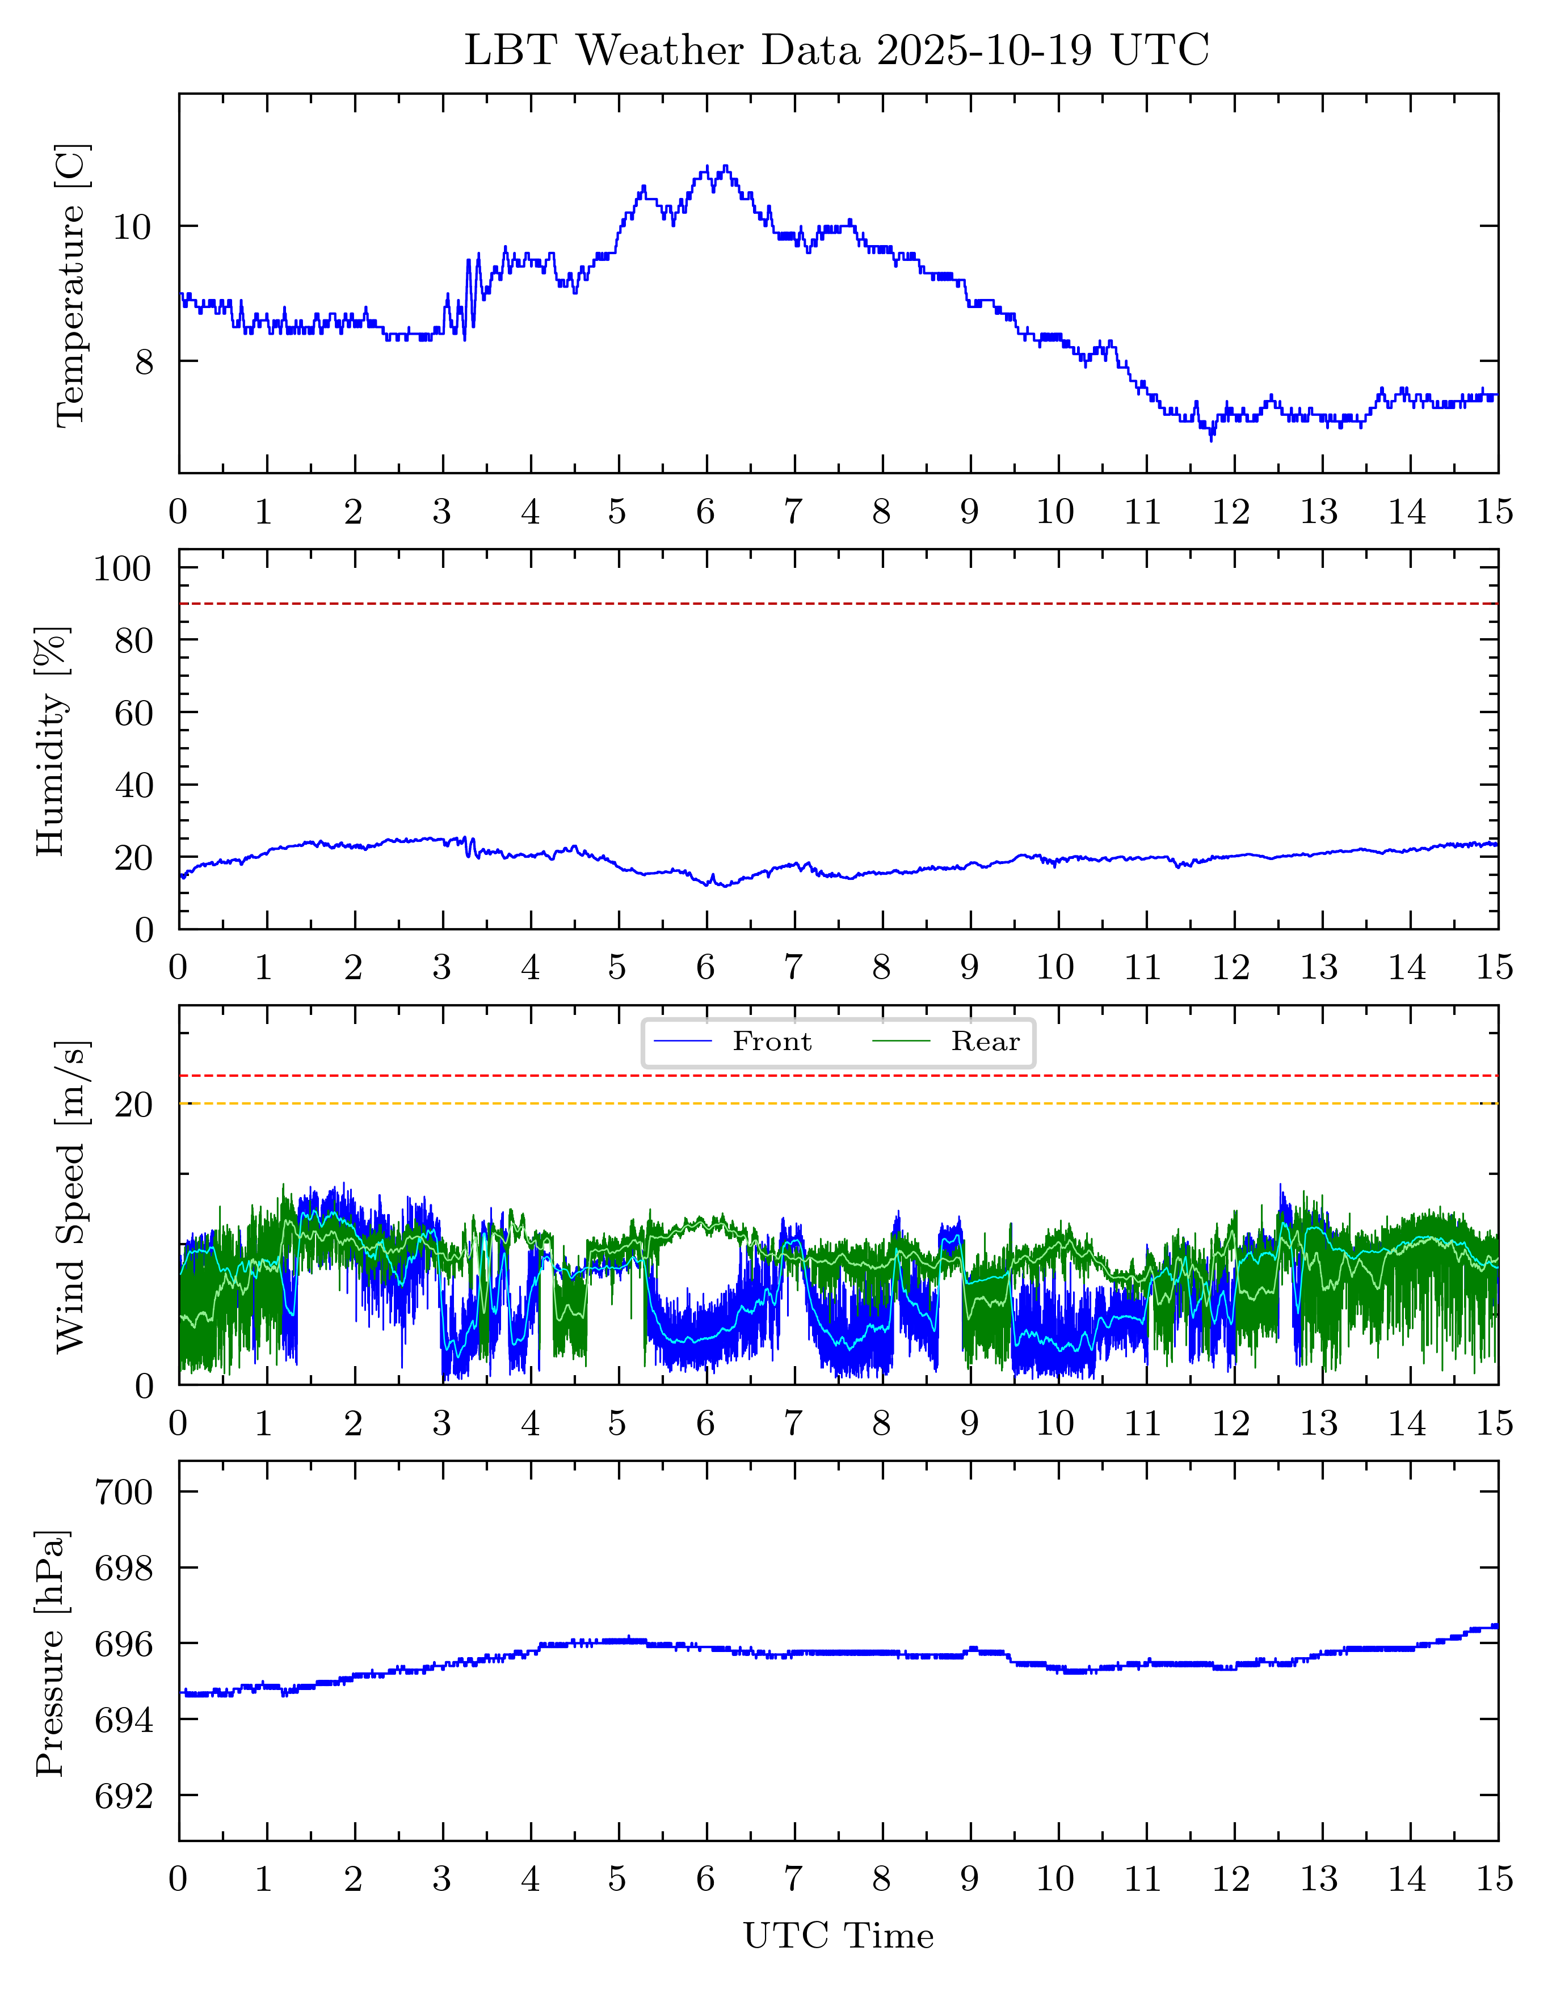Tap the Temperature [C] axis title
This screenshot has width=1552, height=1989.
(71, 284)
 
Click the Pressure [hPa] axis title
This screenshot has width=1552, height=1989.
(52, 1653)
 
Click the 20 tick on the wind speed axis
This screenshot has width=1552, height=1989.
(133, 1105)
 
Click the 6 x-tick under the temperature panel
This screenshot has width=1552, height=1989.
(706, 512)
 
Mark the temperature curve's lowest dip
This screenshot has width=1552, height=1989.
(1212, 440)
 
